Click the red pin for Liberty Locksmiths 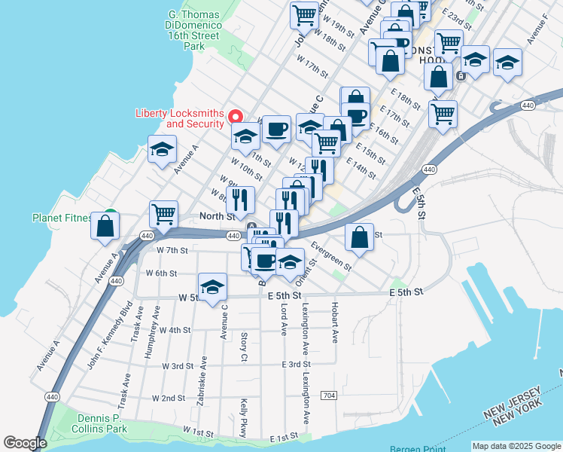point(235,116)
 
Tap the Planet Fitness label point(62,218)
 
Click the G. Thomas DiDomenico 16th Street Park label point(195,29)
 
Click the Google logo point(25,443)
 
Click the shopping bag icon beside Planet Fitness point(105,225)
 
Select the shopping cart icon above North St point(163,214)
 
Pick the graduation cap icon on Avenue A point(162,149)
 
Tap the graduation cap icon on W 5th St point(213,286)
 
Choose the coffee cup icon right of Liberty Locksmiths point(276,129)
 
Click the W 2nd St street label point(168,398)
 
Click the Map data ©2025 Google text point(516,446)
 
